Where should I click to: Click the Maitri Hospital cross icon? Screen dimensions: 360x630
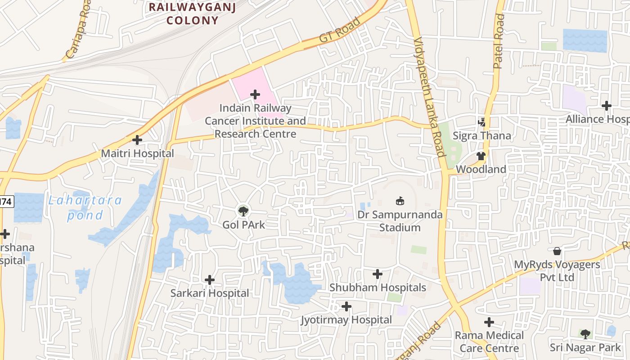[x=137, y=140]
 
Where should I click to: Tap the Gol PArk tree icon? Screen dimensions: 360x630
[x=243, y=210]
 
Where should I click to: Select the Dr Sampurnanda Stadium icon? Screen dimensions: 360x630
[x=400, y=201]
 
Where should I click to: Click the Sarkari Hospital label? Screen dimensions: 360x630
[x=209, y=293]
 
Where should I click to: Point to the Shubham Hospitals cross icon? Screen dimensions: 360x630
[x=378, y=274]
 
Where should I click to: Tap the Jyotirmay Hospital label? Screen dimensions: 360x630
[x=346, y=320]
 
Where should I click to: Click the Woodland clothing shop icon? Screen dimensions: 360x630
[x=481, y=156]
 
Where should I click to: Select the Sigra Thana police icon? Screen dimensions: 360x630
[x=482, y=122]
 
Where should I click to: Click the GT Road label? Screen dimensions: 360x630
[x=340, y=30]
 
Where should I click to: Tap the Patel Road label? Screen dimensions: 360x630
[x=499, y=41]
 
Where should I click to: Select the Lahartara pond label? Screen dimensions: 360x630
[x=85, y=207]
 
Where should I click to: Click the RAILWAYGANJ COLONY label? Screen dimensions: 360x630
[x=192, y=13]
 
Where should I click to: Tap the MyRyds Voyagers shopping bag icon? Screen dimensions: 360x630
[x=557, y=251]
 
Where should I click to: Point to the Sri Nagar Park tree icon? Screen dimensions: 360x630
[x=585, y=334]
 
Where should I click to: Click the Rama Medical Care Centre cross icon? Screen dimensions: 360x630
[x=489, y=322]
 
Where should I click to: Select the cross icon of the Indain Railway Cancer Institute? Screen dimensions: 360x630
[x=255, y=94]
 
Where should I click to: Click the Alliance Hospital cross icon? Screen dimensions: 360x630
[x=607, y=106]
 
